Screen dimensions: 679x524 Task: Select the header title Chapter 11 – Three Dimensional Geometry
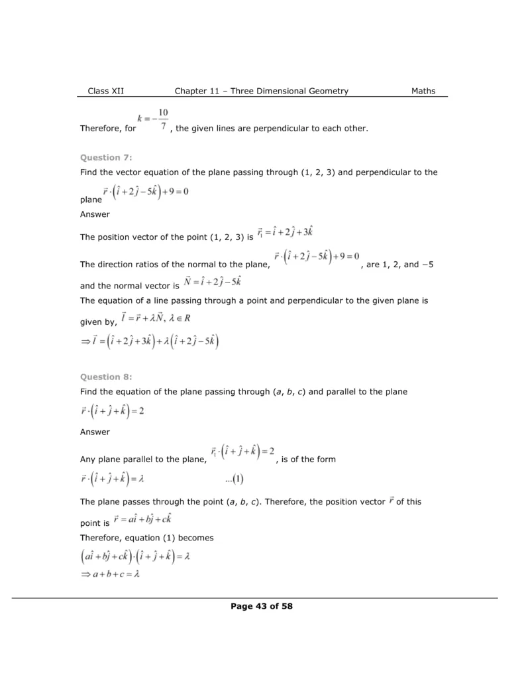point(261,91)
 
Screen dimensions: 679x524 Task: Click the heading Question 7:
point(106,157)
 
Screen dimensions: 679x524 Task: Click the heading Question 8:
point(106,377)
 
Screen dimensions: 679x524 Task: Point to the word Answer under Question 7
point(95,214)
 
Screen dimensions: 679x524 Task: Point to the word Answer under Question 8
point(95,432)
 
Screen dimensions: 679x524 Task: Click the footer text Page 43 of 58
point(261,605)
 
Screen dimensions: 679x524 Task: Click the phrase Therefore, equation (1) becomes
point(146,537)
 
